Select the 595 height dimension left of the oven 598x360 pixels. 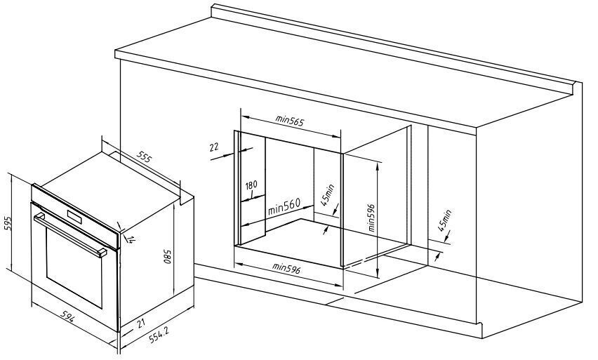8,223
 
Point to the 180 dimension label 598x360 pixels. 251,185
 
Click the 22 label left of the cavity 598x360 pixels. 213,147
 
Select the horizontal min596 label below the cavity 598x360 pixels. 288,268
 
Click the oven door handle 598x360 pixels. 70,234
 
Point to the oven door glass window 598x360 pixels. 74,270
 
